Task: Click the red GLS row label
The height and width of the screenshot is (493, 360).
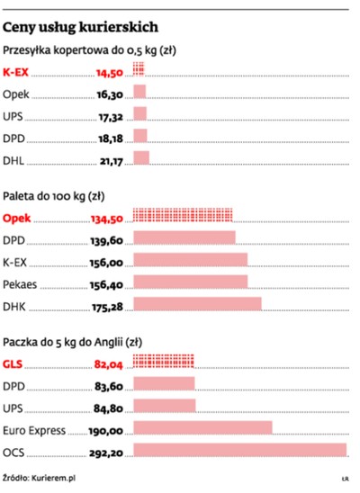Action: click(14, 364)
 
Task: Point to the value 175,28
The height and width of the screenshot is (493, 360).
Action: click(105, 305)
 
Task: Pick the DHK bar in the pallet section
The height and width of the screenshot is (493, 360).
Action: click(197, 305)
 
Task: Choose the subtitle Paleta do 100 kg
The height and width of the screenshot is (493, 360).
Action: click(54, 194)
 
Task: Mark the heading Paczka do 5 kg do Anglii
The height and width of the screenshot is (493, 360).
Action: click(73, 342)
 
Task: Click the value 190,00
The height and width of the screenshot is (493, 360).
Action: click(105, 429)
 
